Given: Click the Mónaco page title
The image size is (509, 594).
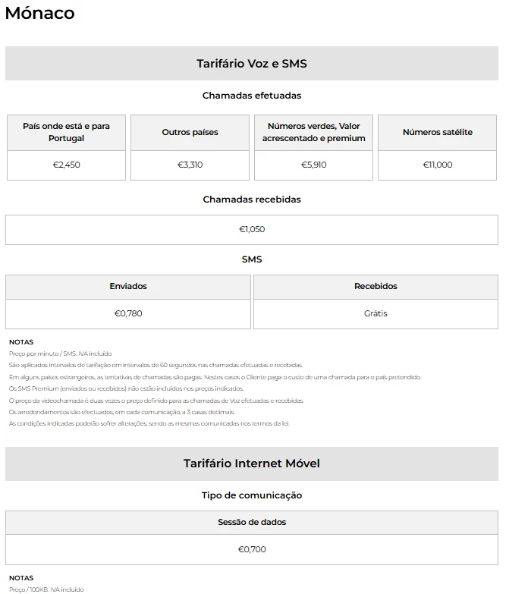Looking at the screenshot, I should pyautogui.click(x=39, y=13).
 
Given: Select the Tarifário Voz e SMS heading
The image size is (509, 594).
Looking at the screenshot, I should pyautogui.click(x=252, y=64).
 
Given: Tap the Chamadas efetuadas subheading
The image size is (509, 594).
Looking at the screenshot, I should pyautogui.click(x=252, y=96).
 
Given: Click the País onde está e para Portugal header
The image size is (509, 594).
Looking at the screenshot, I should pyautogui.click(x=66, y=132).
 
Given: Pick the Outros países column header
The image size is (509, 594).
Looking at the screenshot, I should pyautogui.click(x=190, y=132).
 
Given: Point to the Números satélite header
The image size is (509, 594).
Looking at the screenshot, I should pyautogui.click(x=438, y=132).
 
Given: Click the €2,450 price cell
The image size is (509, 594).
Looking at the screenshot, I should pyautogui.click(x=66, y=165).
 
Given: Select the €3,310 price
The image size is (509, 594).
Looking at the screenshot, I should pyautogui.click(x=190, y=165).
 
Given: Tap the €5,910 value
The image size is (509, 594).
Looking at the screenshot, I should pyautogui.click(x=313, y=165).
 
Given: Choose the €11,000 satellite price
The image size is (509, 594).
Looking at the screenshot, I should pyautogui.click(x=438, y=165).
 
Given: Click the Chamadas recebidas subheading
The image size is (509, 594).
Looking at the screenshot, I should pyautogui.click(x=252, y=200).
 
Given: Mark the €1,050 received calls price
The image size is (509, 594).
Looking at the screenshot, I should pyautogui.click(x=252, y=229).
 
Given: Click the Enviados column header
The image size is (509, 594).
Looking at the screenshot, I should pyautogui.click(x=128, y=286).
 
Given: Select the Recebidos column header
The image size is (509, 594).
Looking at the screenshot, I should pyautogui.click(x=375, y=286).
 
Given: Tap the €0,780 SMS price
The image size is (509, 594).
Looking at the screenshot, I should pyautogui.click(x=128, y=313).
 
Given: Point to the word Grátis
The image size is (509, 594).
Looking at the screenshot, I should pyautogui.click(x=375, y=313).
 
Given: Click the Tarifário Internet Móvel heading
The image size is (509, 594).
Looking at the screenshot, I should pyautogui.click(x=252, y=464).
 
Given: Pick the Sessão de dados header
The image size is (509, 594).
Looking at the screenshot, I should pyautogui.click(x=252, y=522).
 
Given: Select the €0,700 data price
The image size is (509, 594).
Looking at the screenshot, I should pyautogui.click(x=252, y=549).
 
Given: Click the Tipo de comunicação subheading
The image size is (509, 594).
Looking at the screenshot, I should pyautogui.click(x=252, y=495).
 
